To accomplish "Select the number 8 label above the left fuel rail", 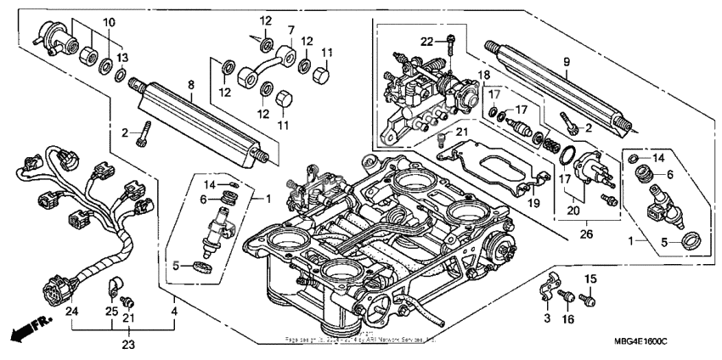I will point(190,84).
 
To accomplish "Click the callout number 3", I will point(546,317).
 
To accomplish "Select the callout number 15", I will point(589,279).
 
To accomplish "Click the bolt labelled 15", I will point(588,299).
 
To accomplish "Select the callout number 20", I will point(574,210).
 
